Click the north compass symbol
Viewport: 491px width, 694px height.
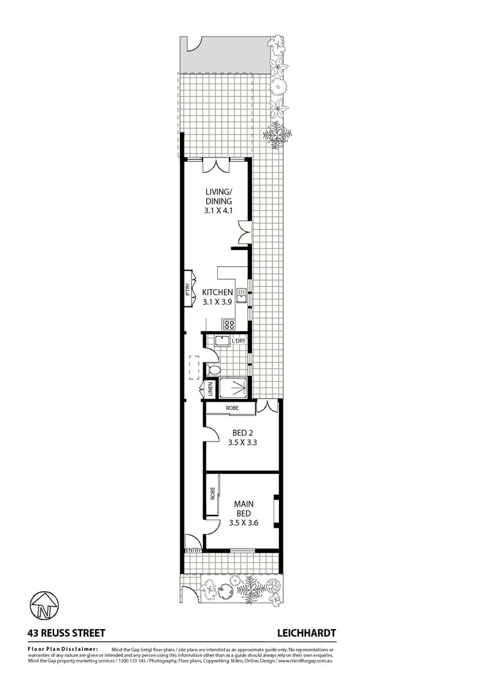point(44,604)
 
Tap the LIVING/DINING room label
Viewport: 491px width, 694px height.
point(219,196)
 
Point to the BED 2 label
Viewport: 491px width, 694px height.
point(243,432)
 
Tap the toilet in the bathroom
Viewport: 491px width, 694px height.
point(214,369)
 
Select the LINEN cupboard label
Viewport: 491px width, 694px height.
point(210,389)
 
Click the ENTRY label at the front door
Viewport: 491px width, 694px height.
point(193,550)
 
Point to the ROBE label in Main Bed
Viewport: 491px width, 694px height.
point(212,494)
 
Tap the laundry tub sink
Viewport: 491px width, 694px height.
point(223,341)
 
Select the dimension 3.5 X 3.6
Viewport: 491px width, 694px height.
point(243,523)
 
